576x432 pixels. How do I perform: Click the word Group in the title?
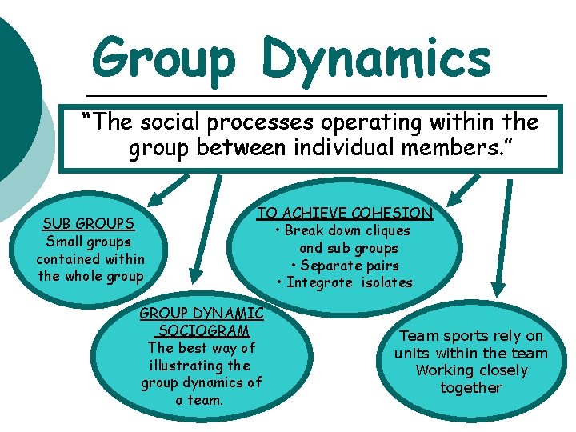[x=165, y=58]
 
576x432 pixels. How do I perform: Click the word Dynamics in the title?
[x=375, y=58]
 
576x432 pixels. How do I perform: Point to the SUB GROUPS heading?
[x=88, y=223]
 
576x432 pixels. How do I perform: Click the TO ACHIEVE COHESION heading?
[x=344, y=213]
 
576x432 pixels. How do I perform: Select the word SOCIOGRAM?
[x=203, y=330]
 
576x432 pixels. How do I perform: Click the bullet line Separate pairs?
[x=344, y=265]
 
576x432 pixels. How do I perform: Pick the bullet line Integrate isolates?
[x=344, y=282]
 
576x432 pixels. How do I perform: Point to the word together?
[x=470, y=388]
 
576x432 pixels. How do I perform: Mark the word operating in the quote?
[x=377, y=122]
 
